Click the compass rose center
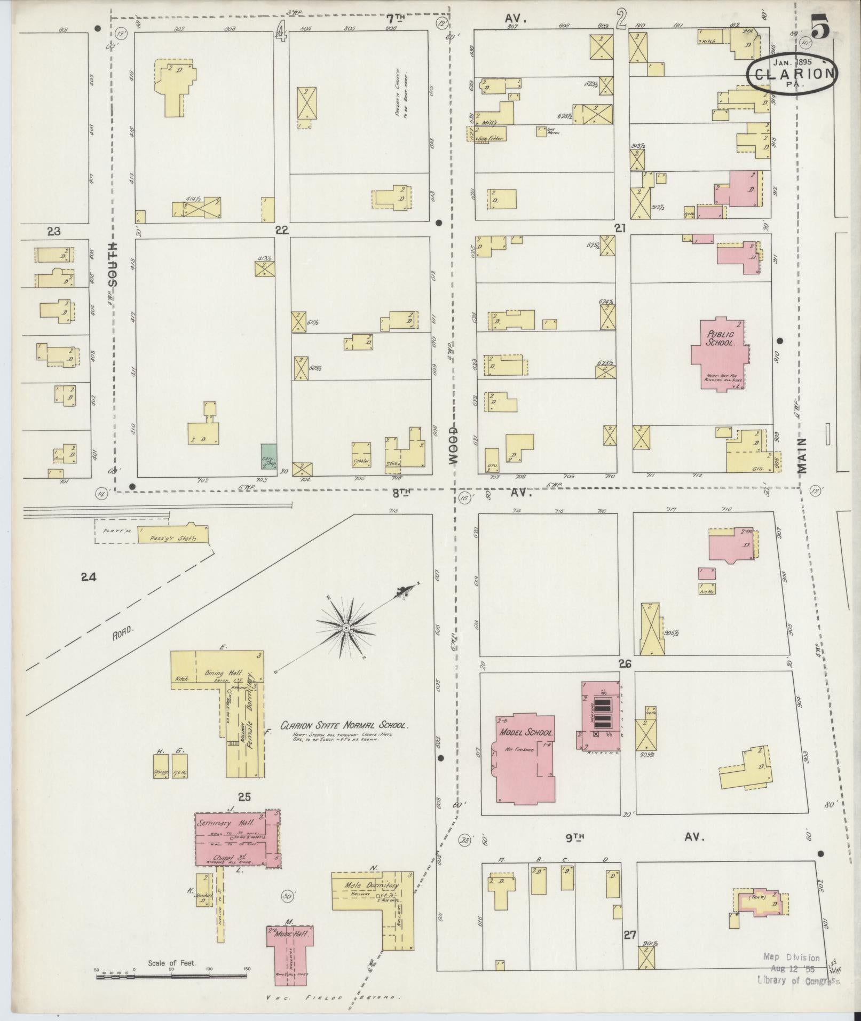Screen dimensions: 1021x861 pos(346,628)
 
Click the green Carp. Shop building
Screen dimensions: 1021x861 pos(268,456)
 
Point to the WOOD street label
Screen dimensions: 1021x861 pos(453,446)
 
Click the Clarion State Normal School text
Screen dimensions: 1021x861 pos(344,726)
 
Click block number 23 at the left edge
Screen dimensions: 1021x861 pos(54,232)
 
